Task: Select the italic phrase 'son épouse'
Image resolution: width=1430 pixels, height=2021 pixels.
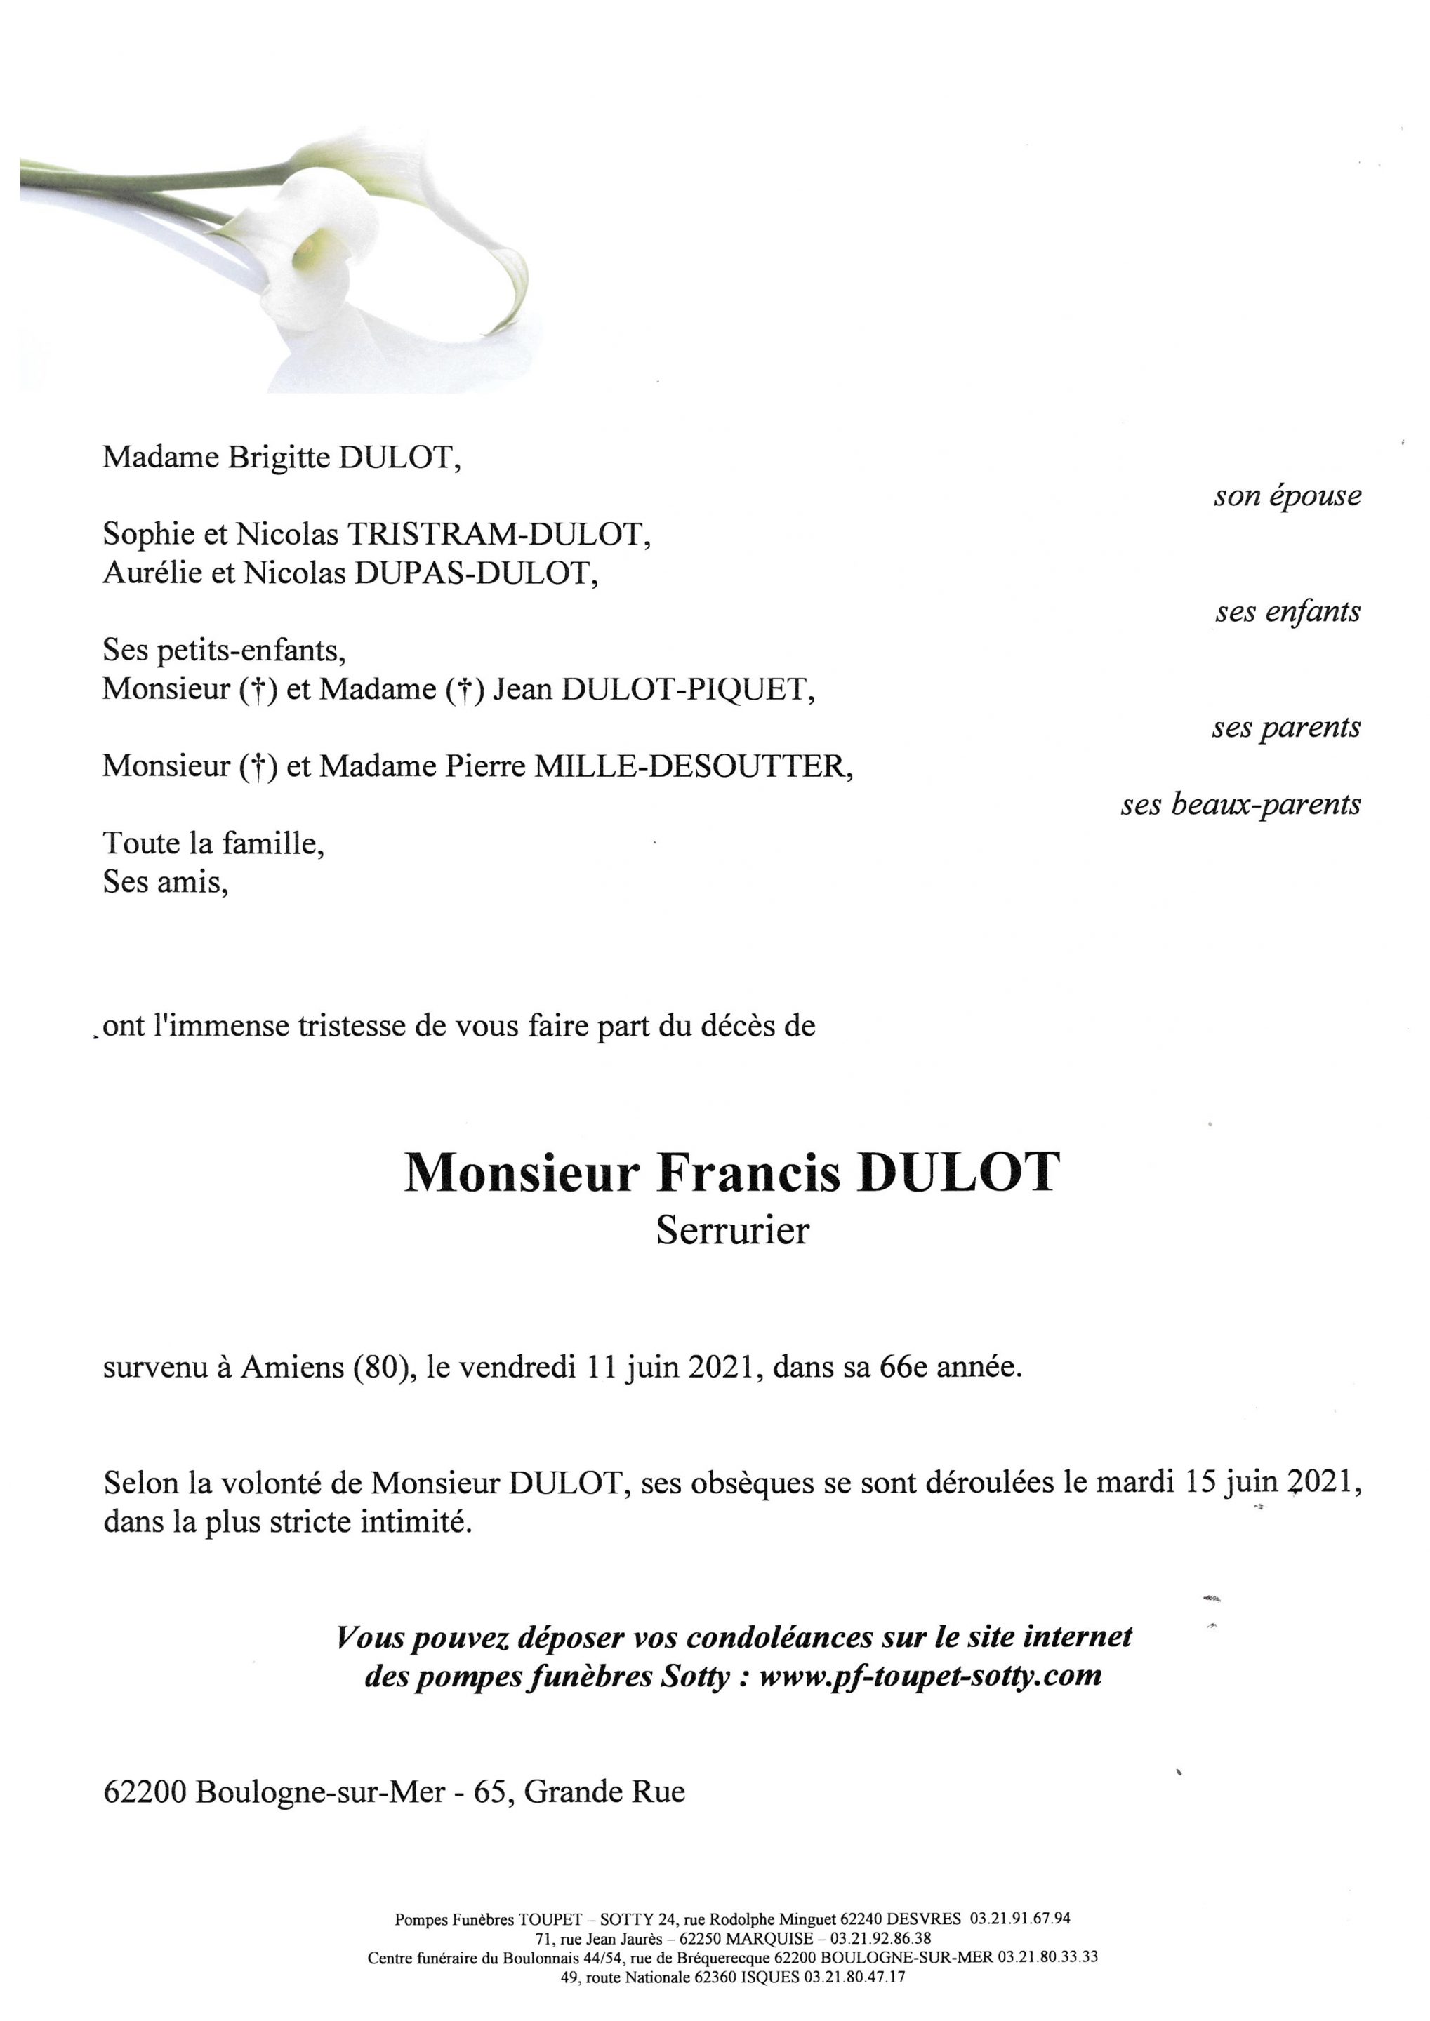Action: click(x=1287, y=496)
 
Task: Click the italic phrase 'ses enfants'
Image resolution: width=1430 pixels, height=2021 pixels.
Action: click(x=1287, y=612)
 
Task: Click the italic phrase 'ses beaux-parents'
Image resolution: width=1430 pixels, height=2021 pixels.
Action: click(x=1240, y=804)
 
